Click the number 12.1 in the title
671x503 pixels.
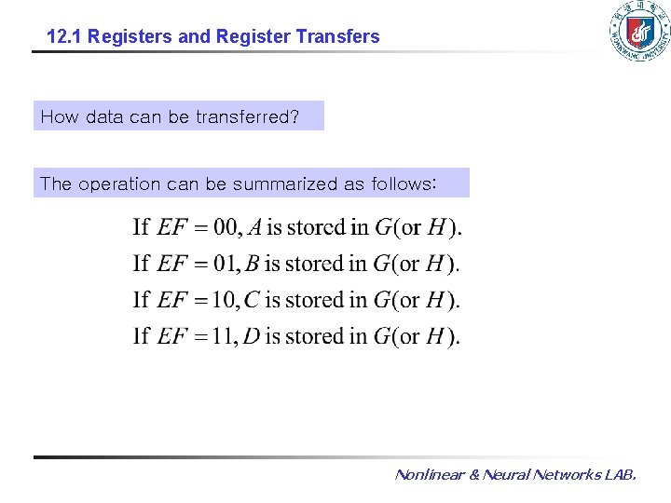coord(62,37)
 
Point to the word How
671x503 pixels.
coord(60,117)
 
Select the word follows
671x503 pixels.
coord(403,184)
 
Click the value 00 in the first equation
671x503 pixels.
coord(226,227)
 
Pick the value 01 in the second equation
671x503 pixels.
coord(226,264)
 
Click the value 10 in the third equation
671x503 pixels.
coord(225,300)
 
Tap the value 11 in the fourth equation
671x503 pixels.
coord(225,336)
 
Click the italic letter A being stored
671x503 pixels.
coord(253,227)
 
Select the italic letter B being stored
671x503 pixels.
coord(253,264)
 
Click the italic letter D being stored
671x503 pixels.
coord(253,336)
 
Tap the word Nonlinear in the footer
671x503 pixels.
coord(430,475)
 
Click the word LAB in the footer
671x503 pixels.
coord(620,475)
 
